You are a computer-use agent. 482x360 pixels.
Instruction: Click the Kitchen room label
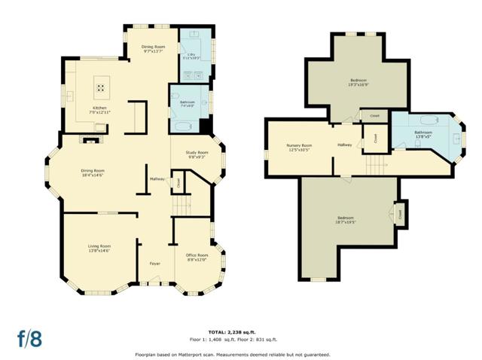point(99,110)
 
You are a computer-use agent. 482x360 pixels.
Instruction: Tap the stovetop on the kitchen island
point(101,87)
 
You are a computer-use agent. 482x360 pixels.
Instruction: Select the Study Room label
point(197,155)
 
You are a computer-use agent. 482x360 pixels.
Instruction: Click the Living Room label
point(99,248)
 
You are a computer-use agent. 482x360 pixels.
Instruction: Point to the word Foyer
point(154,264)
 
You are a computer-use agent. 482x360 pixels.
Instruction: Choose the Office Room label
point(197,257)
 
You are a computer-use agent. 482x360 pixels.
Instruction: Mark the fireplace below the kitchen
point(91,138)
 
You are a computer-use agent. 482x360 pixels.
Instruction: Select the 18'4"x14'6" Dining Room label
point(93,172)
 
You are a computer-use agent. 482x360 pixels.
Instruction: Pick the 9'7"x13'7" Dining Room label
point(153,49)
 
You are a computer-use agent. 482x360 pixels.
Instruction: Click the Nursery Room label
point(299,147)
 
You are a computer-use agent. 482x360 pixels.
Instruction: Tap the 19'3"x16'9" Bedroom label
point(358,83)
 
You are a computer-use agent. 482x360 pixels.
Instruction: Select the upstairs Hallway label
point(345,145)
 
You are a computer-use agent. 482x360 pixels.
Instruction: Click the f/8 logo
point(29,338)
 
